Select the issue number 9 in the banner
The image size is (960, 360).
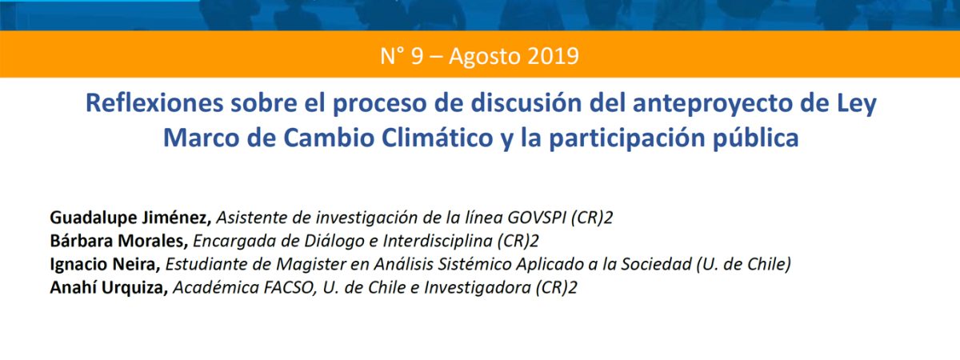(x=417, y=56)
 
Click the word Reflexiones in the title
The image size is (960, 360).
(x=154, y=103)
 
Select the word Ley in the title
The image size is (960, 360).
(x=854, y=105)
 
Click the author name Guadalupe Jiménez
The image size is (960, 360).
(x=130, y=218)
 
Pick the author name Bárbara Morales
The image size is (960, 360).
(x=118, y=241)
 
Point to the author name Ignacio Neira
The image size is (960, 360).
(x=105, y=264)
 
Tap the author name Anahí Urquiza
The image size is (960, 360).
(x=109, y=287)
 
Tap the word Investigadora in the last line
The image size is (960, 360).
(x=478, y=287)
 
